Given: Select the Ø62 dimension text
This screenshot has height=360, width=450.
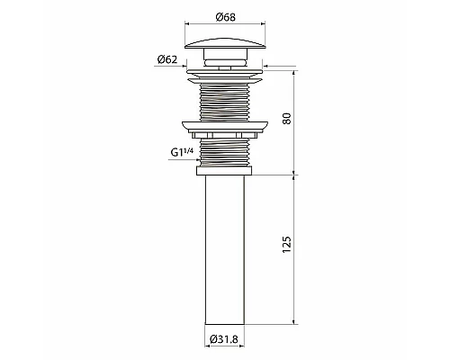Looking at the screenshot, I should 166,59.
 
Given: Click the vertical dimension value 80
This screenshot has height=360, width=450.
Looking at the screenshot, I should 287,119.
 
